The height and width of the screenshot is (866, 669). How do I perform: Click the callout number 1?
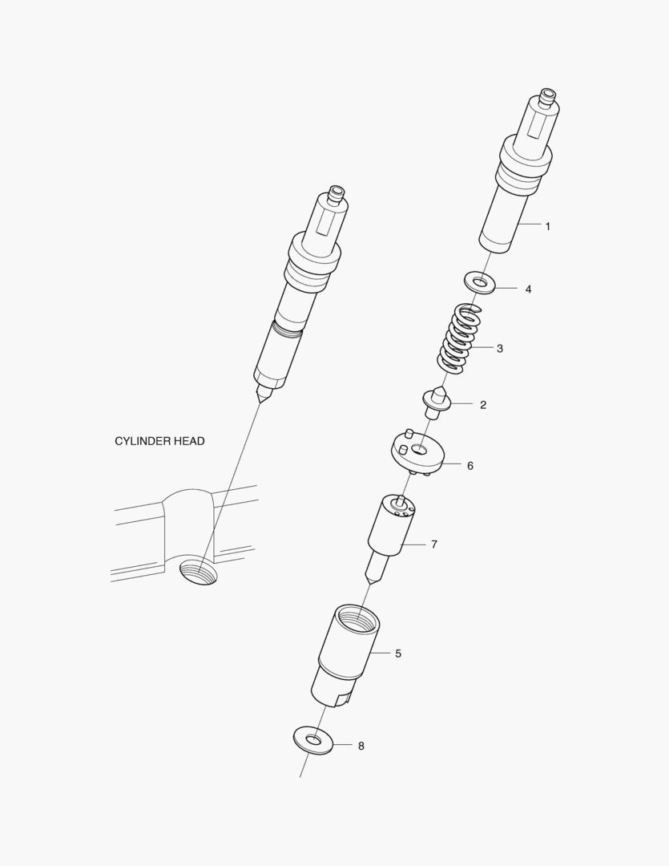click(x=547, y=226)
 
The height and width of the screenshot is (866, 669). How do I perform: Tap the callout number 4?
click(x=528, y=289)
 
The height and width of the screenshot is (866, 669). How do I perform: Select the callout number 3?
click(x=500, y=349)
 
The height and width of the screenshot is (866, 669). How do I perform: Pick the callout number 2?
click(x=484, y=405)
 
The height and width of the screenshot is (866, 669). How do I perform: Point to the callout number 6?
click(x=470, y=466)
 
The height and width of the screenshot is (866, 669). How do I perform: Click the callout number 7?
click(x=434, y=544)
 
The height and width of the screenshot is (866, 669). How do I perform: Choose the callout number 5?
click(x=398, y=654)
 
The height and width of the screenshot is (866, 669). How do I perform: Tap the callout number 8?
click(x=361, y=747)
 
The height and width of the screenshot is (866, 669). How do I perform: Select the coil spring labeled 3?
click(x=459, y=338)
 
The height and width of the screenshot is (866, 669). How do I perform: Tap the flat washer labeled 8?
click(x=313, y=740)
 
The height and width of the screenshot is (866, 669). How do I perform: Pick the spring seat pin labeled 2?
click(x=437, y=403)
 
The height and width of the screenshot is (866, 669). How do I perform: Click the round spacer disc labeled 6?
click(x=417, y=451)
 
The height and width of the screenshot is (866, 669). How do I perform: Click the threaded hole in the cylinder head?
click(x=199, y=573)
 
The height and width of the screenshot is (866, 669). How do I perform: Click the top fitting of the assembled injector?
click(x=336, y=194)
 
